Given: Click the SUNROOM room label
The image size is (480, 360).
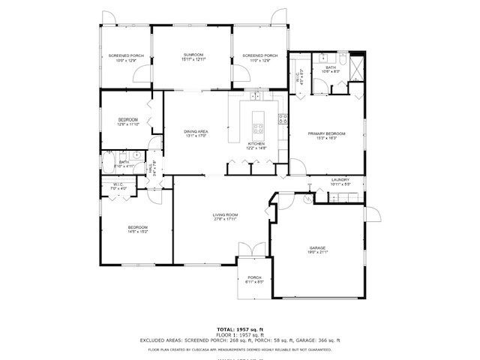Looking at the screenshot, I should pyautogui.click(x=194, y=55).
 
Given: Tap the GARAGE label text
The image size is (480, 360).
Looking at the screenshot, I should pyautogui.click(x=318, y=247).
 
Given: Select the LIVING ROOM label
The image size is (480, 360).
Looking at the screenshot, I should pyautogui.click(x=225, y=215).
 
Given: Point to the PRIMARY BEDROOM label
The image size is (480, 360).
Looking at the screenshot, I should pyautogui.click(x=326, y=133).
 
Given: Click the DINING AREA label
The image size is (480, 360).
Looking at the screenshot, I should pyautogui.click(x=196, y=132).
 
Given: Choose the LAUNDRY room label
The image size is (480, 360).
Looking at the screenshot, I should pyautogui.click(x=340, y=180).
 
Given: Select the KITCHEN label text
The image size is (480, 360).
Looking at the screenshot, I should pyautogui.click(x=256, y=143).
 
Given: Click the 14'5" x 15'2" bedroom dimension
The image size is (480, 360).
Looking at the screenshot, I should pyautogui.click(x=137, y=232).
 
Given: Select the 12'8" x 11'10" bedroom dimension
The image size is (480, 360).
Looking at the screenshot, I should pyautogui.click(x=127, y=124).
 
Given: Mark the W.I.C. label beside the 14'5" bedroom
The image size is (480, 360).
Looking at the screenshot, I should pyautogui.click(x=118, y=184).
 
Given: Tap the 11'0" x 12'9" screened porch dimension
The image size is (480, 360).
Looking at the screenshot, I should pyautogui.click(x=260, y=60).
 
